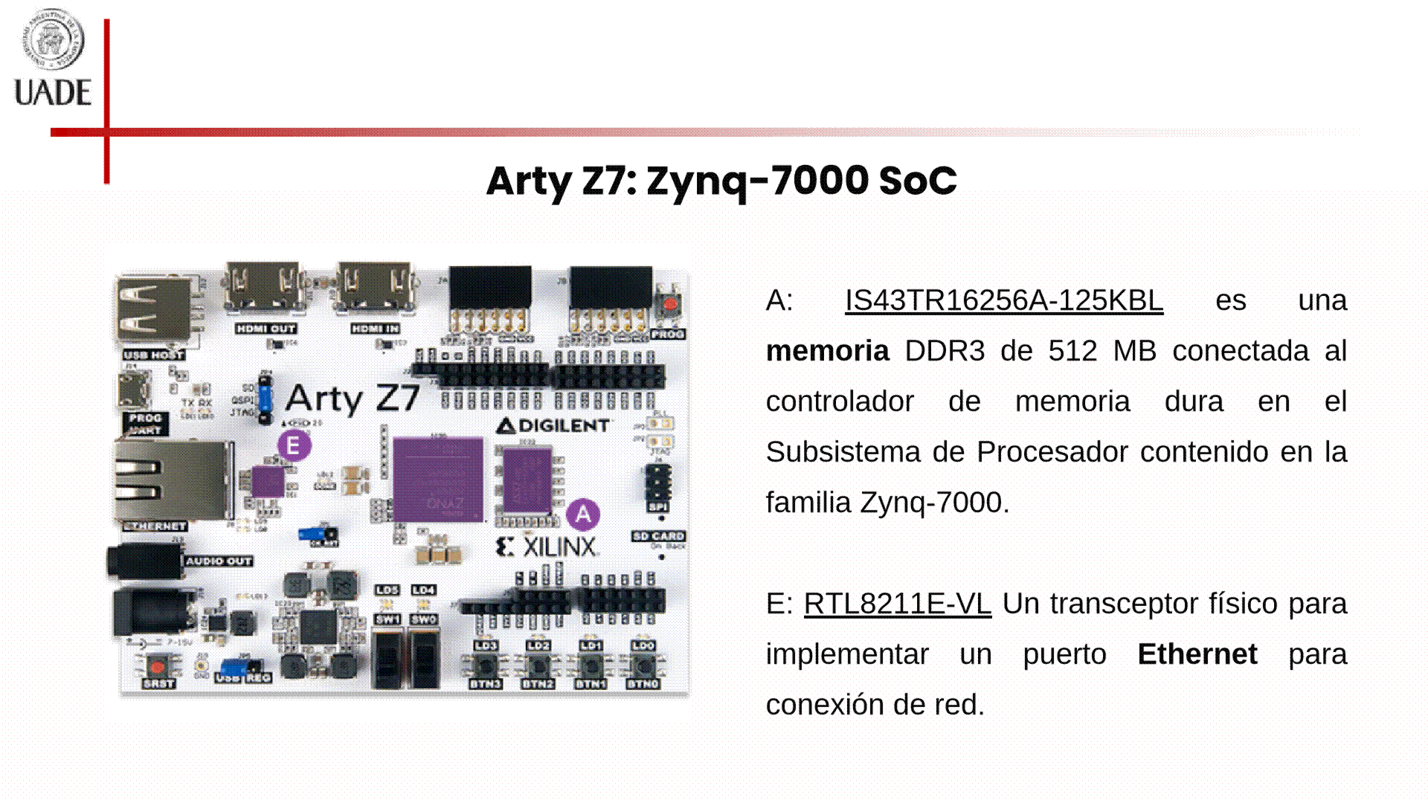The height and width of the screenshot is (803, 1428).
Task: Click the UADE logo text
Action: coord(53,93)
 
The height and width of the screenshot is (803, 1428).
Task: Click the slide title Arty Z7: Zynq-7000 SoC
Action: coord(721,181)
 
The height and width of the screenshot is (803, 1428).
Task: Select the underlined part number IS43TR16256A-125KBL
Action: coord(1003,300)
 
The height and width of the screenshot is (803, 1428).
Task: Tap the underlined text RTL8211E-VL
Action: coord(897,604)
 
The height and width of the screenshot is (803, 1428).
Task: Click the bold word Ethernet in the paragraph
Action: coord(1197,654)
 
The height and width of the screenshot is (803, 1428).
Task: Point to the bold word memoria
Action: coord(827,351)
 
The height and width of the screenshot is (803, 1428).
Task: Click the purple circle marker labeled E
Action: coord(294,446)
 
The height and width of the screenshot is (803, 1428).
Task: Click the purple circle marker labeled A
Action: coord(583,514)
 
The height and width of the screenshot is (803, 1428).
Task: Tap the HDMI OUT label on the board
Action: coord(266,329)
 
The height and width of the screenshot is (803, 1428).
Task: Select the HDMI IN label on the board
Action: coord(376,329)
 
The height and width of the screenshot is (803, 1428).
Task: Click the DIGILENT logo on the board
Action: coord(553,426)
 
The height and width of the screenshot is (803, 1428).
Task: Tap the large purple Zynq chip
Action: coord(437,480)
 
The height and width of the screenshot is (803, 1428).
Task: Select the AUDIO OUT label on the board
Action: coord(219,561)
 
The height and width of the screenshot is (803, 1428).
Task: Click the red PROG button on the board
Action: coord(670,304)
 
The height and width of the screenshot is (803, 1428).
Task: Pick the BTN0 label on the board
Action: coord(643,684)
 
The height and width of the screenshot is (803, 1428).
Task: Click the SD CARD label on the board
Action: coord(658,536)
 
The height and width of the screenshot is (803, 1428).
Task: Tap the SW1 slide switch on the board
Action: coord(387,657)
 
